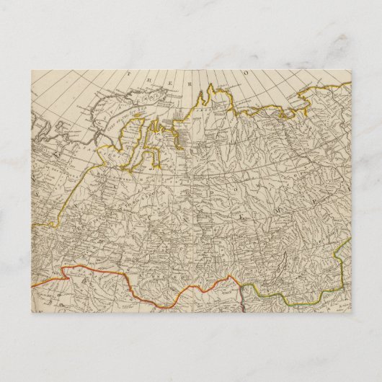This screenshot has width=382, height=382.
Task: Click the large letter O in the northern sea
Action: click(244, 72)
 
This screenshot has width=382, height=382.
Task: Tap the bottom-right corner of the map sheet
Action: click(351, 312)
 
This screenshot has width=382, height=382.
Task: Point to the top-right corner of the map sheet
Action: click(351, 71)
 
